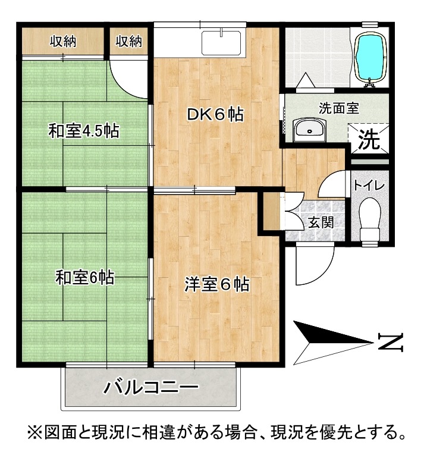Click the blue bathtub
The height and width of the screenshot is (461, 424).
coord(370,58)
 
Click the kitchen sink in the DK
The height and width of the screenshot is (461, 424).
coord(221,43)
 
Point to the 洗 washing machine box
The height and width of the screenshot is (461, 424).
coord(369,139)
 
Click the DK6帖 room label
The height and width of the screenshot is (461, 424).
coord(215,115)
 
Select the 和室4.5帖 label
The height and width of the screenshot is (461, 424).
coord(84,131)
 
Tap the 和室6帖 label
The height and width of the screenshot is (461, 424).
coord(85,277)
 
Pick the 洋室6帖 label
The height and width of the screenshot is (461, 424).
coord(217,284)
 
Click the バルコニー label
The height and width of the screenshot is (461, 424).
coord(150,387)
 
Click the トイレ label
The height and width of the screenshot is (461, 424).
coord(369,186)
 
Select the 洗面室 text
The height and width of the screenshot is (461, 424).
coord(339,108)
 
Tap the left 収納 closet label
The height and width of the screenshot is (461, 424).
coord(63,41)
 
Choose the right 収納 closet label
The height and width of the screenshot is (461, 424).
coord(128,41)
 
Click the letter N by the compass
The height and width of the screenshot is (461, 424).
coord(391,343)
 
